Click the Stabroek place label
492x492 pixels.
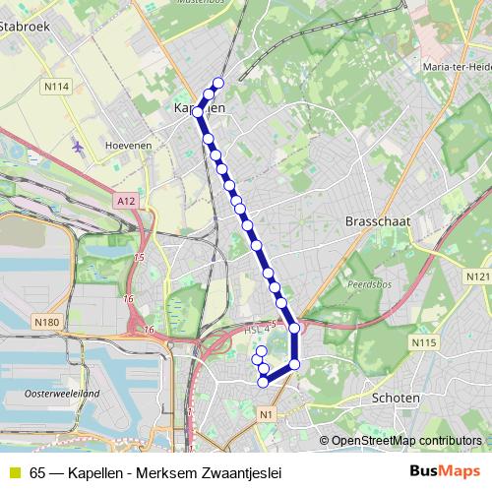point(24,29)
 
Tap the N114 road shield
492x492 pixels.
point(56,88)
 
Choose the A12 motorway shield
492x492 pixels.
point(124,200)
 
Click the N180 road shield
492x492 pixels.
point(45,322)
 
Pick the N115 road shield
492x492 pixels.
point(424,342)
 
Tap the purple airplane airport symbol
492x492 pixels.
point(78,146)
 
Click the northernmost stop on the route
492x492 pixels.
point(217,83)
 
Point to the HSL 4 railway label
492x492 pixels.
point(256,332)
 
